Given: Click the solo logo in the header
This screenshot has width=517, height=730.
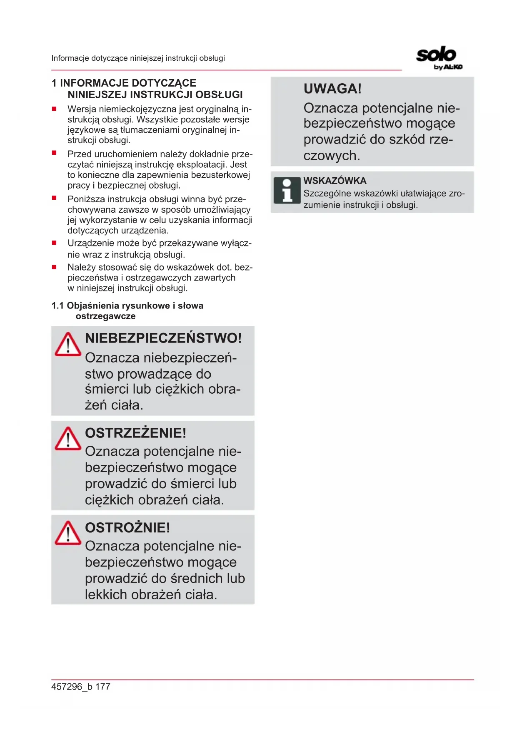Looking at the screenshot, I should pyautogui.click(x=436, y=55).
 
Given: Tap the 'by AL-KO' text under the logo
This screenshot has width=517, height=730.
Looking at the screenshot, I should pyautogui.click(x=448, y=67).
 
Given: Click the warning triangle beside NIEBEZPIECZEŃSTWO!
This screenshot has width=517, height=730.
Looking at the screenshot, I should pyautogui.click(x=68, y=345).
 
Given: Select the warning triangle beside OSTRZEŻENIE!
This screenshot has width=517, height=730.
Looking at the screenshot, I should pyautogui.click(x=68, y=439).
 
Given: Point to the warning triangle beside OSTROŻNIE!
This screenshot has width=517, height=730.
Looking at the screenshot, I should pyautogui.click(x=68, y=533).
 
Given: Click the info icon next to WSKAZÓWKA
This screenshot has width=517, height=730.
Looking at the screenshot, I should pyautogui.click(x=287, y=190).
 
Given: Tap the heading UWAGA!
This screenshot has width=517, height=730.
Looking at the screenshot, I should pyautogui.click(x=332, y=89).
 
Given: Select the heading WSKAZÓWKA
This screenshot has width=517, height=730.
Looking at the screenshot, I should pyautogui.click(x=335, y=181).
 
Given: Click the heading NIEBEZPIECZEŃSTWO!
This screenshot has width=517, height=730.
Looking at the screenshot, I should pyautogui.click(x=163, y=338).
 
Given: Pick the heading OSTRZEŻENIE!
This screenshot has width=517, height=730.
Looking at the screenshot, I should pyautogui.click(x=135, y=433).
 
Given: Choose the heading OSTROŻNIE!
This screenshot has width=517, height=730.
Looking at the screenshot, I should pyautogui.click(x=127, y=528).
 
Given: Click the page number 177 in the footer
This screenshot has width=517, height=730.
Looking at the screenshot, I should pyautogui.click(x=103, y=687).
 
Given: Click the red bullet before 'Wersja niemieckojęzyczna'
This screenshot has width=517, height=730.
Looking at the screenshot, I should pyautogui.click(x=54, y=109).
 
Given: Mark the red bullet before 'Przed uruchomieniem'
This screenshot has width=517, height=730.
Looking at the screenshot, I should pyautogui.click(x=54, y=154).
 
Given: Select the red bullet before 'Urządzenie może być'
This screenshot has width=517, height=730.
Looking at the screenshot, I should pyautogui.click(x=54, y=243).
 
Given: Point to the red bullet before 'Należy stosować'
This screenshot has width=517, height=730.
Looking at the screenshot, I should pyautogui.click(x=54, y=267).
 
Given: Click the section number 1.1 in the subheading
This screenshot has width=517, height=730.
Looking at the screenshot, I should pyautogui.click(x=57, y=306).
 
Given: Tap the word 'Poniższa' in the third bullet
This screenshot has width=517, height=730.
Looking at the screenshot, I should pyautogui.click(x=86, y=199).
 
